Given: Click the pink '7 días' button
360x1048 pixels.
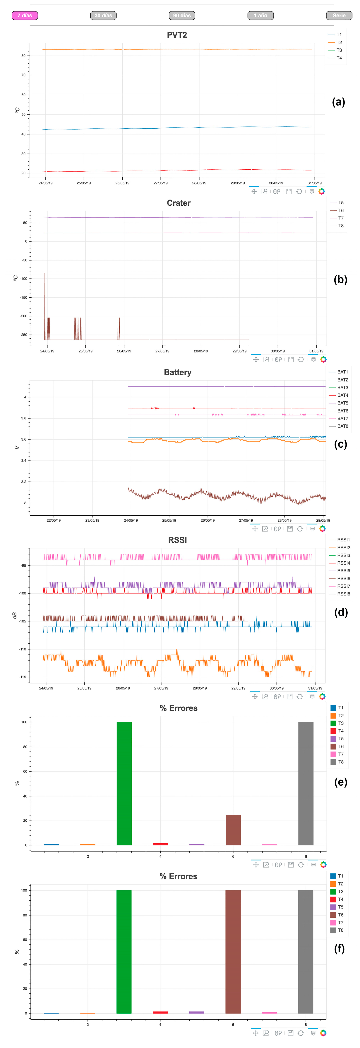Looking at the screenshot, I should [25, 16].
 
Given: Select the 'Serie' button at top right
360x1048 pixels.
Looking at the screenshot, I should [339, 16].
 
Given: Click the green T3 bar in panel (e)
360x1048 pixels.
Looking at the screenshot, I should [124, 783].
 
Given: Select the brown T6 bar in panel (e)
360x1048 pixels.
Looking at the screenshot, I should [233, 830].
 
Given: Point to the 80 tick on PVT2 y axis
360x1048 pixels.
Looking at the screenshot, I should [23, 56].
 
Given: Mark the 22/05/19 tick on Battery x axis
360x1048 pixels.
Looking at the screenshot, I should [54, 520].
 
